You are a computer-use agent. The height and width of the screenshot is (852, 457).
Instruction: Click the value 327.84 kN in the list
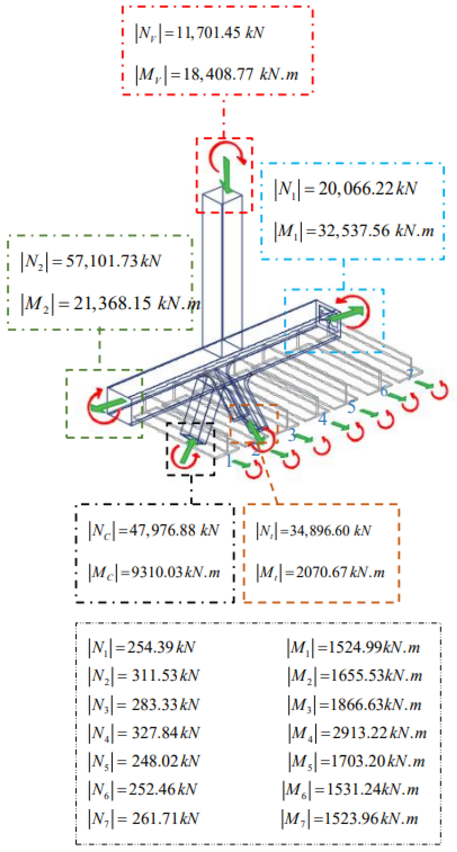click(x=165, y=733)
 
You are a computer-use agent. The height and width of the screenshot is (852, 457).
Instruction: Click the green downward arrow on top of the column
click(x=227, y=175)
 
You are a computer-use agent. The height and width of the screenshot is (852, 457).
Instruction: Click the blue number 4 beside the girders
click(x=322, y=419)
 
